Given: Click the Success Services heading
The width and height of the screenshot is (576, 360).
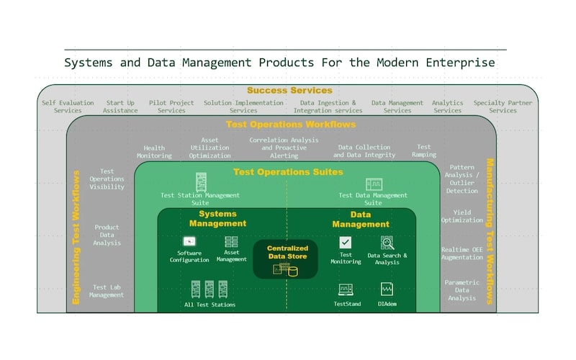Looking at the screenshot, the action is click(289, 91).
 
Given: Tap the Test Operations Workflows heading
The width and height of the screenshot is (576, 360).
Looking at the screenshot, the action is click(291, 125).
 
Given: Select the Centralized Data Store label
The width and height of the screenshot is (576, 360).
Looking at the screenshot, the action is click(287, 253).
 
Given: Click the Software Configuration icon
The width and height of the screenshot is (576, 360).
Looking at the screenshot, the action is click(189, 241).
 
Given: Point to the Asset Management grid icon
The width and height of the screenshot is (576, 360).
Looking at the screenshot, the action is click(231, 241).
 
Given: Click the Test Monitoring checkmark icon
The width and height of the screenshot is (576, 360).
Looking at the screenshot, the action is click(345, 243).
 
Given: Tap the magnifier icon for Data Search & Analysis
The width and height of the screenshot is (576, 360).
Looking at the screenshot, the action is click(387, 243).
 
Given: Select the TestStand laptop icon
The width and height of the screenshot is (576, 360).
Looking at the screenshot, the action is click(346, 289).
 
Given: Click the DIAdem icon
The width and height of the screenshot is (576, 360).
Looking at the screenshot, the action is click(387, 289).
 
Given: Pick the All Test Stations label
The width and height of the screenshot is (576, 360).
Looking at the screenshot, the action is click(210, 305).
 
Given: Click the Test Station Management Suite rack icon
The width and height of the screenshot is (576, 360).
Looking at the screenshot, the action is click(201, 182).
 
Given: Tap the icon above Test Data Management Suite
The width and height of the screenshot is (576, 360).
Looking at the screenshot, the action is click(374, 184).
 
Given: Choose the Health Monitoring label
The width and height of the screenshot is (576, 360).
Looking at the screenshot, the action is click(154, 152).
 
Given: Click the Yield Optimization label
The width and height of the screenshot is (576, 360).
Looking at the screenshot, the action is click(462, 216).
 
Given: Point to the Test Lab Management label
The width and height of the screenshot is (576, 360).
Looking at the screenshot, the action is click(107, 291).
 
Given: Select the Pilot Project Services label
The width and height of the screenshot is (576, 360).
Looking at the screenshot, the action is click(171, 107).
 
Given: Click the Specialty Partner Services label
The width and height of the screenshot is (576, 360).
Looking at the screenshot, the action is click(503, 107).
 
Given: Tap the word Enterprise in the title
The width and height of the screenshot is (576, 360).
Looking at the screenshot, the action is click(460, 63).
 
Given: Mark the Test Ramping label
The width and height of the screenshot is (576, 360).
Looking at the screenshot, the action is click(424, 150).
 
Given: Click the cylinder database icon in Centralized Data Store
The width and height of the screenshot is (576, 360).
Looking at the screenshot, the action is click(293, 271).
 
